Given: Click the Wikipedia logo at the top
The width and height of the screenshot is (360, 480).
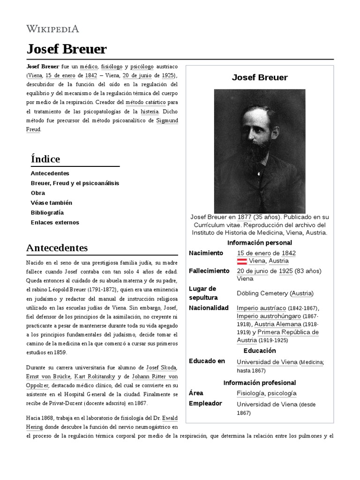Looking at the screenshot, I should pos(52,29).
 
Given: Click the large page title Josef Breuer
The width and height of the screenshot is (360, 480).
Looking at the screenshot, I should pos(67,49).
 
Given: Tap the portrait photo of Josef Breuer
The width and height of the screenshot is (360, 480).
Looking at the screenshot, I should pos(259,151).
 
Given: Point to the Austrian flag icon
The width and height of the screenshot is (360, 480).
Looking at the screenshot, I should pos(242,261).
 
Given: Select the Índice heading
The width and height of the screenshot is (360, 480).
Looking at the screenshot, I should pos(45,159).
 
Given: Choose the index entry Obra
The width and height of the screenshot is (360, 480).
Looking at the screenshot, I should pos(38,193).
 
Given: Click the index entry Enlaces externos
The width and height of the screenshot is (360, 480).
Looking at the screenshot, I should pos(55,222).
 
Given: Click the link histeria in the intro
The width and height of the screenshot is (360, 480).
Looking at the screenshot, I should pos(147,112).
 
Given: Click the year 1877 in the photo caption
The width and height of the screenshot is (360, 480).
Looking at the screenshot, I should pos(244,217).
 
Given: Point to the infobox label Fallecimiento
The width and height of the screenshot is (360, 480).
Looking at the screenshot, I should pos(209,271).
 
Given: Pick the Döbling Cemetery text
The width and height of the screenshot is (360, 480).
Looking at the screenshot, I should pos(262,293).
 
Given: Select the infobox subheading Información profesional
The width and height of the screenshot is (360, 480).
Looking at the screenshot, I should pos(259,382).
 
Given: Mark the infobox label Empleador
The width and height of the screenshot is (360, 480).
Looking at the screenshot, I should pos(205,404).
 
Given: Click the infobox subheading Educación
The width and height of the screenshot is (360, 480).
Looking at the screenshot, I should pos(259,351).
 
